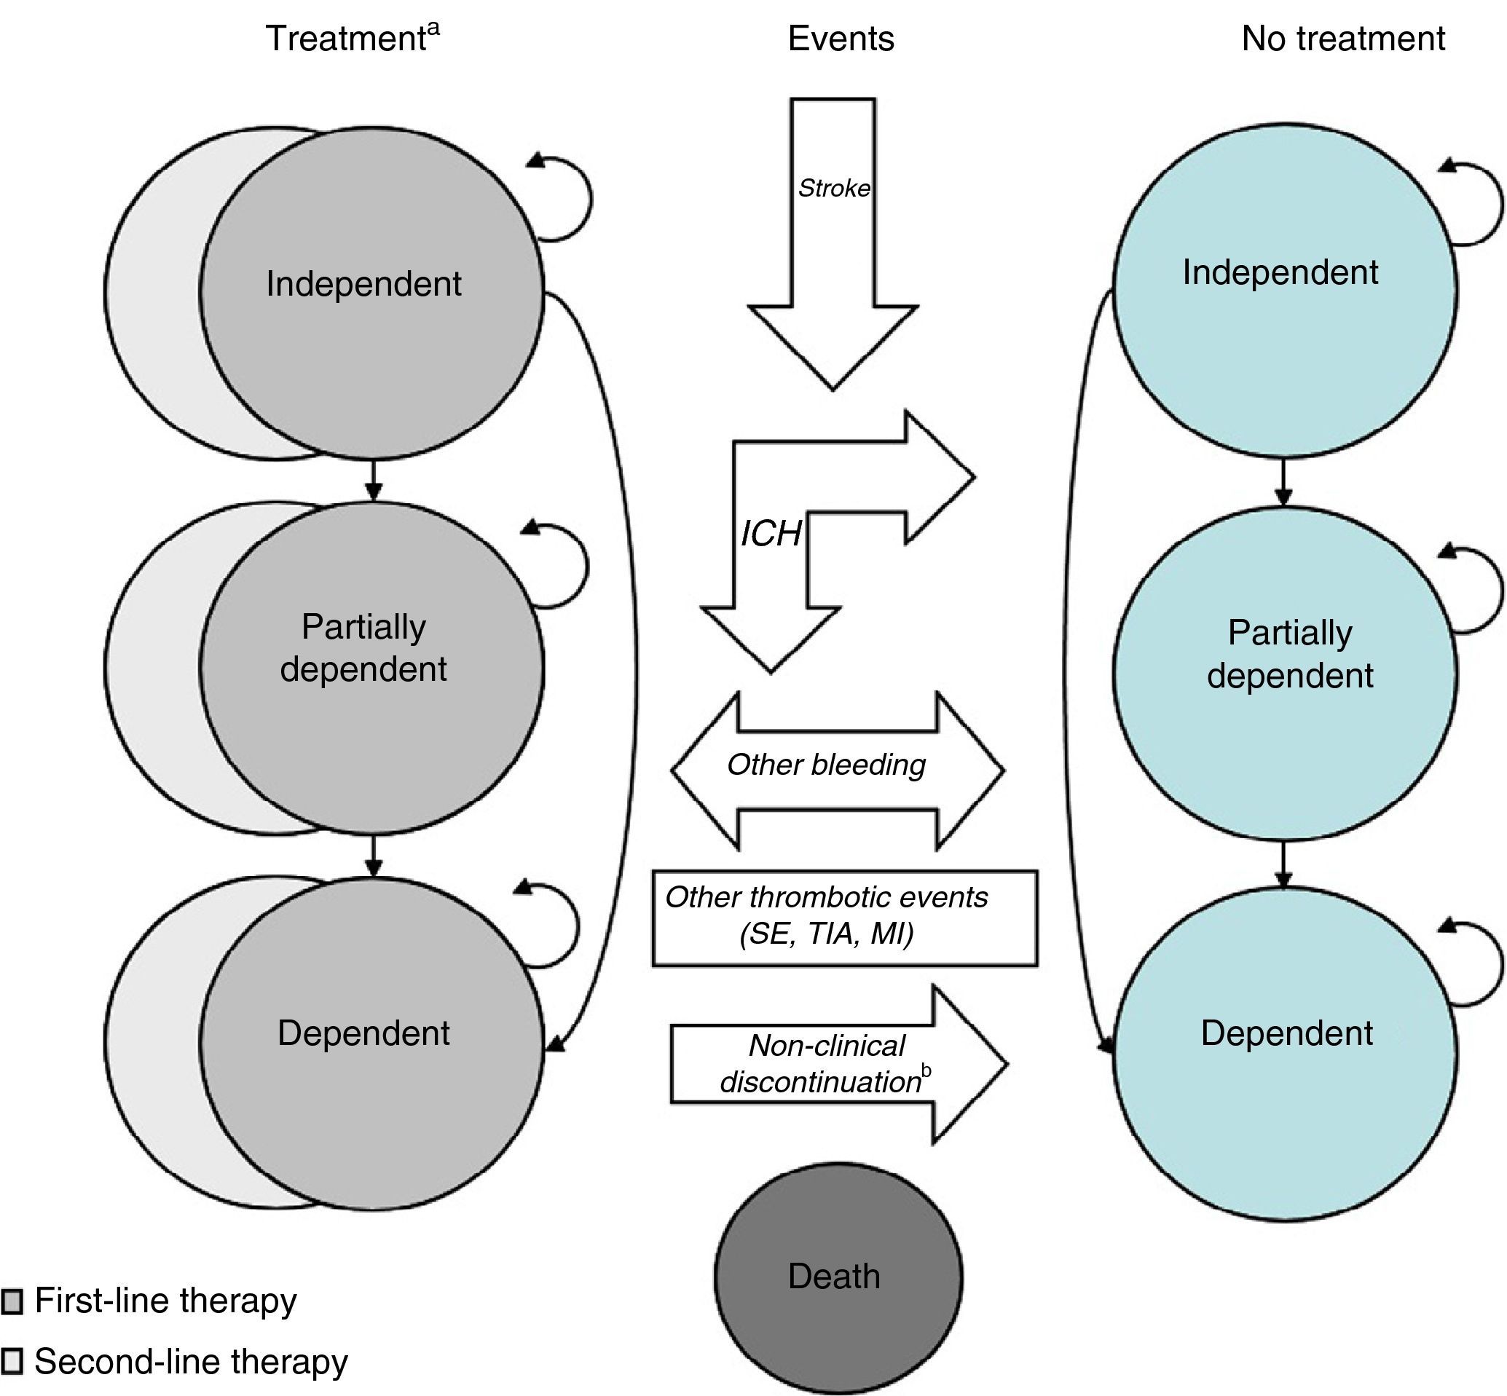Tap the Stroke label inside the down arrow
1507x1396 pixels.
[834, 188]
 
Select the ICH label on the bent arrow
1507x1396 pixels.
[771, 534]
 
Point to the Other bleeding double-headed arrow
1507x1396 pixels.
[837, 769]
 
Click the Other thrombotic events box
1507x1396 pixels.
[844, 918]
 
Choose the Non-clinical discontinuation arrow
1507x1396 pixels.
[838, 1065]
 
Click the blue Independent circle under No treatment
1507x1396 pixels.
[1284, 291]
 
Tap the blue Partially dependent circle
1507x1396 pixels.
[1284, 672]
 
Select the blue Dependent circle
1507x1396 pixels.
[1284, 1054]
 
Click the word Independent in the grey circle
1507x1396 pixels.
[363, 284]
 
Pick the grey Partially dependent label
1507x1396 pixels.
[363, 648]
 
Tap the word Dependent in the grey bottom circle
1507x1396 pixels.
[363, 1033]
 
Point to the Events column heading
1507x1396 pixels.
[841, 38]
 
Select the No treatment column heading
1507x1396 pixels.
[1343, 38]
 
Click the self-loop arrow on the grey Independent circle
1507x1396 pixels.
[574, 198]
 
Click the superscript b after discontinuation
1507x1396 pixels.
[927, 1070]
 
